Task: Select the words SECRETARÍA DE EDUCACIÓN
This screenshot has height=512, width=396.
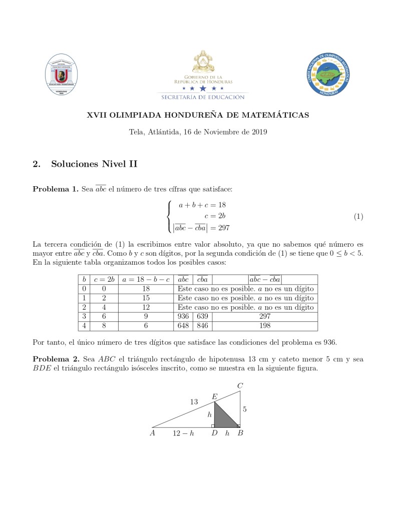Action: coord(202,97)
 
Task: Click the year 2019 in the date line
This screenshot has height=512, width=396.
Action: coord(258,132)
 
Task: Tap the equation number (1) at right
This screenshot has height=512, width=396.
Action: coord(358,216)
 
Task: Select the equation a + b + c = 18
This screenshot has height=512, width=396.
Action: coord(203,205)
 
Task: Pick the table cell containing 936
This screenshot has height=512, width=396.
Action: coord(183,316)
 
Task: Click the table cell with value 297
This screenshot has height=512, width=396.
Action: coord(264,316)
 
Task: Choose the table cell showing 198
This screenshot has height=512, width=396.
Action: coord(264,326)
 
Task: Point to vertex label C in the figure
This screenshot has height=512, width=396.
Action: coord(240,385)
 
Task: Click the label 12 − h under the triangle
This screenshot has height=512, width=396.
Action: coord(184,433)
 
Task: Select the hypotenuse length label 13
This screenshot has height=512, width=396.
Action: coord(194,401)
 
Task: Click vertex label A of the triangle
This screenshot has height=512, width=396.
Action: coord(152,433)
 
